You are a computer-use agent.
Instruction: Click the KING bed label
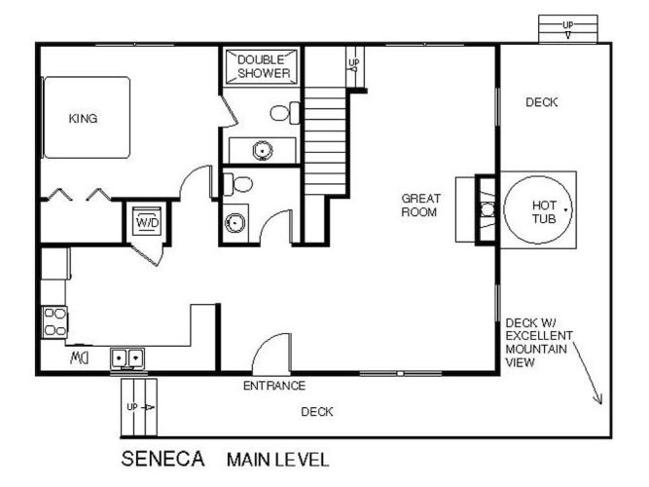pos(84,119)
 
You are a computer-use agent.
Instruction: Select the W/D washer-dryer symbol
pos(147,221)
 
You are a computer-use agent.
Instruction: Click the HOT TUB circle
pos(538,209)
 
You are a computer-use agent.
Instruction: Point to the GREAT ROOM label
pos(420,206)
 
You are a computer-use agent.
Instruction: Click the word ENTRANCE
pos(274,386)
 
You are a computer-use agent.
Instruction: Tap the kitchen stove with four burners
pos(54,322)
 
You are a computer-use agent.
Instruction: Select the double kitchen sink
pos(127,358)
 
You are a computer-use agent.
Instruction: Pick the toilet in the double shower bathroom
pos(285,113)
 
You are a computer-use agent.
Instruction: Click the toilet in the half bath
pos(237,184)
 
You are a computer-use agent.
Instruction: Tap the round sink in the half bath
pos(234,223)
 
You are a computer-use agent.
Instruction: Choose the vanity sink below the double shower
pos(263,150)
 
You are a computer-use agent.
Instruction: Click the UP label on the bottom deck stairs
pos(132,407)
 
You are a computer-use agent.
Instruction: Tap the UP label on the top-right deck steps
pos(568,25)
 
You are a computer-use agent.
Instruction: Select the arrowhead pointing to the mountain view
pos(598,399)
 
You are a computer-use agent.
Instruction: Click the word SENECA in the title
pos(163,459)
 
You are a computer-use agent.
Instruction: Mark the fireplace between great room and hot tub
pos(486,209)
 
